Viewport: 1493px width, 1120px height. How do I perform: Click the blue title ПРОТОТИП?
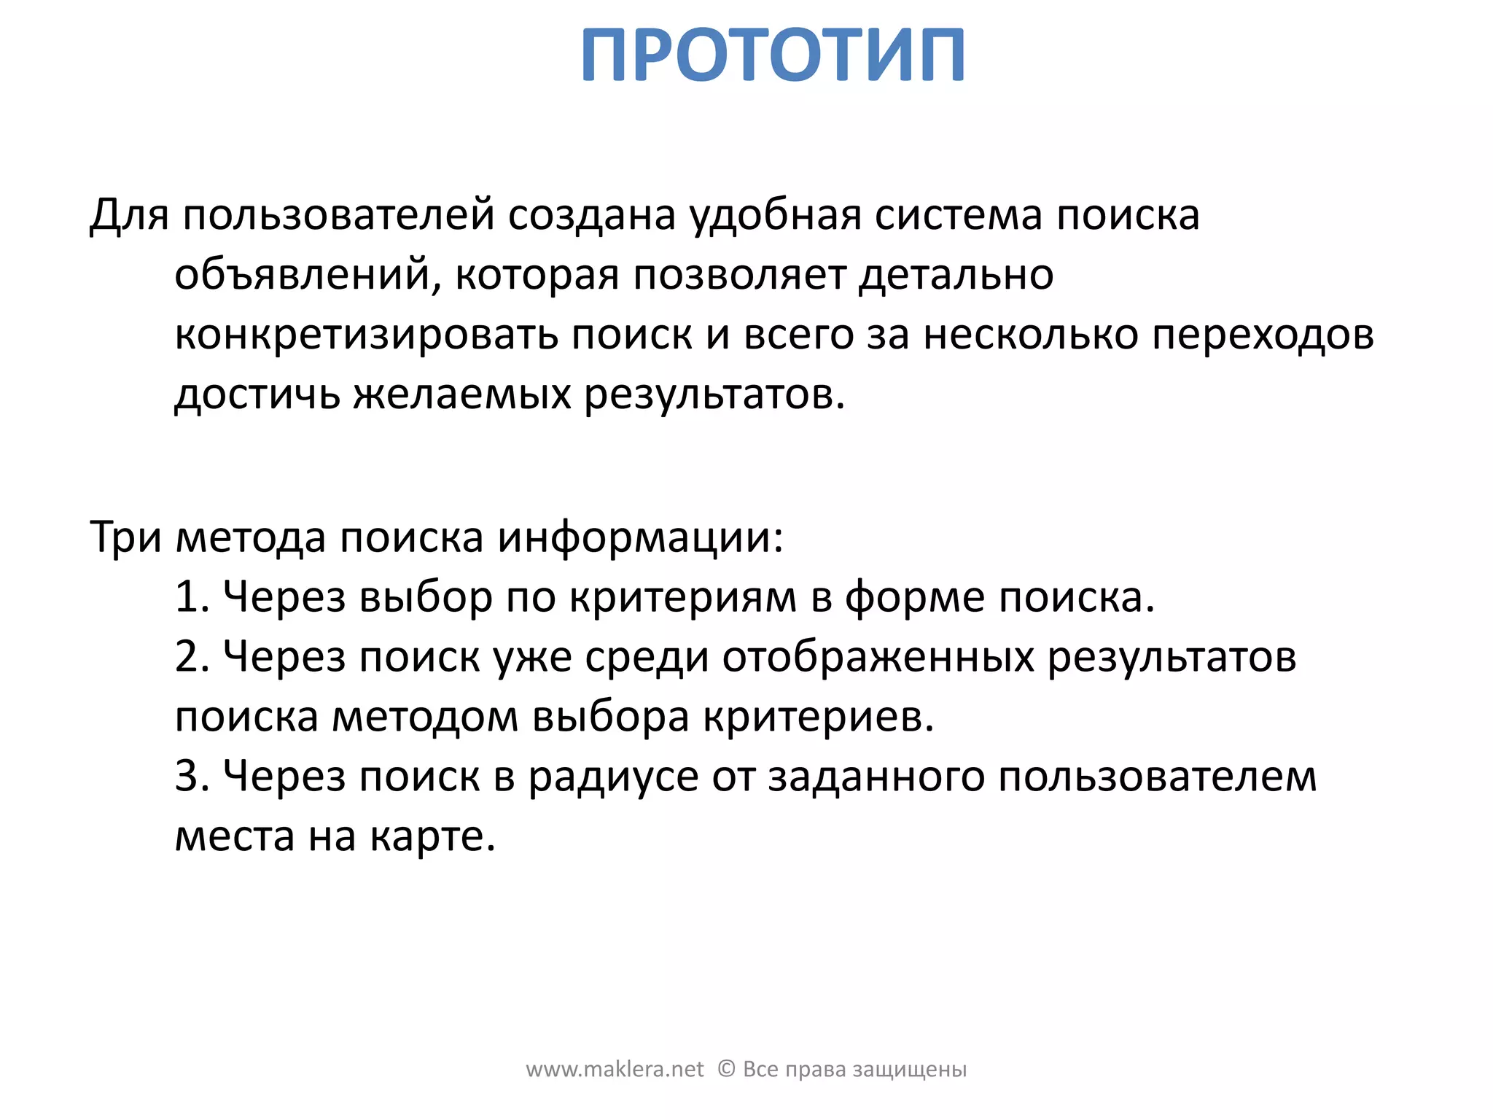click(773, 55)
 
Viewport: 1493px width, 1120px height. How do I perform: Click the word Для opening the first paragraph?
click(129, 216)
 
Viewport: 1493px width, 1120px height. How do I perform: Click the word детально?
click(956, 276)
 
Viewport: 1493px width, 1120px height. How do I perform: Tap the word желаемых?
click(462, 395)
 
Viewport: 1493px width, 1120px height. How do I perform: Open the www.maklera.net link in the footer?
click(615, 1070)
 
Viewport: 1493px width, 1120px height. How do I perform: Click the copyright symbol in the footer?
click(726, 1069)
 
